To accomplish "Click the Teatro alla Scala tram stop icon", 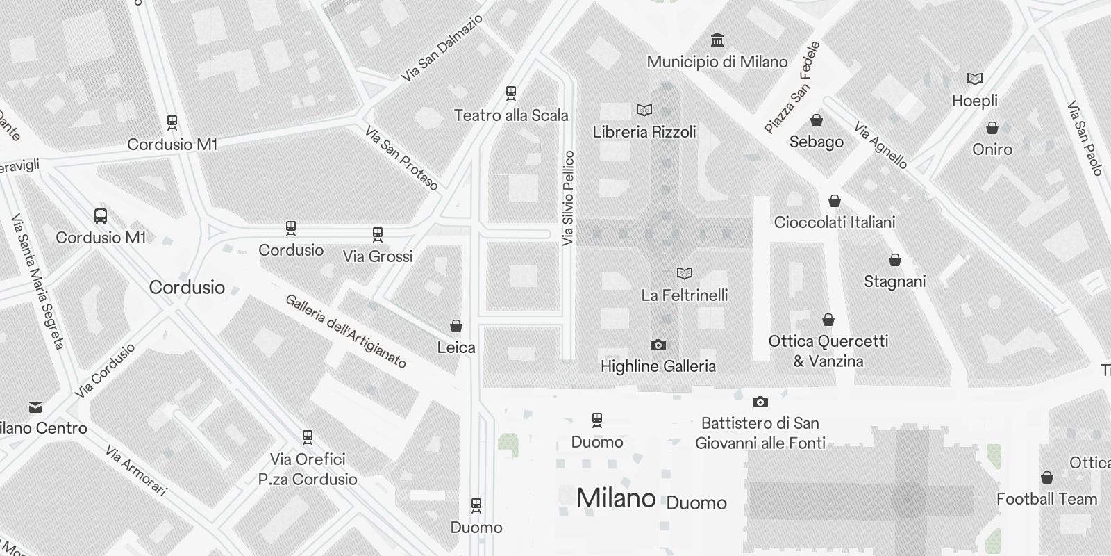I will point(511,92).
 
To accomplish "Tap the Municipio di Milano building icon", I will point(717,40).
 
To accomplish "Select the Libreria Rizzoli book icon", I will point(644,110).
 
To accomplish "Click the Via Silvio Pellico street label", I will point(569,198).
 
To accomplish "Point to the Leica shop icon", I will point(456,325).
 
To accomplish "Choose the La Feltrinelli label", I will point(685,295).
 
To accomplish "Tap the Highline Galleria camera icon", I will point(658,345).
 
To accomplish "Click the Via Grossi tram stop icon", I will point(378,234).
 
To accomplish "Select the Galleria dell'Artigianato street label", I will point(345,331).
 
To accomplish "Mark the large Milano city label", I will point(616,498).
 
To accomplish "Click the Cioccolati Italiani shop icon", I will point(835,201).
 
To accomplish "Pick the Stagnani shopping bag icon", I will point(895,260).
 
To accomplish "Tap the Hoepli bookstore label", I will point(975,101).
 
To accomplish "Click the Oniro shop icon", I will point(992,128).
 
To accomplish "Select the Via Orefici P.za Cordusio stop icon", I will point(308,437).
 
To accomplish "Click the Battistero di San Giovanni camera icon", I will point(760,402).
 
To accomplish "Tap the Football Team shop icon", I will point(1046,477).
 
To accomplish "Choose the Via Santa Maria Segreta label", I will point(38,281).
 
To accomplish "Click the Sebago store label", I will point(817,142).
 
